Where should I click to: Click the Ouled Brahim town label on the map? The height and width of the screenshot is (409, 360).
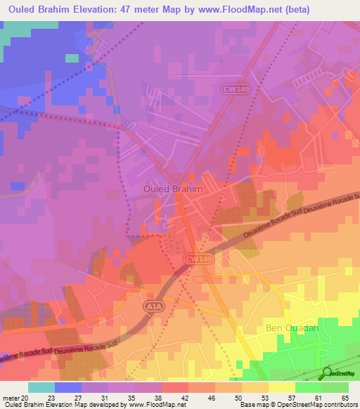[x=172, y=189]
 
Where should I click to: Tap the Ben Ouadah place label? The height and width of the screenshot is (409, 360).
[x=292, y=327]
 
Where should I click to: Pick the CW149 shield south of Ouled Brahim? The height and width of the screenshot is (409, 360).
[x=199, y=259]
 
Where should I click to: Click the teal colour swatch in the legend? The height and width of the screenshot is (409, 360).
[x=41, y=387]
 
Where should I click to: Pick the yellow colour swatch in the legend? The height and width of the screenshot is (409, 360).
[x=282, y=387]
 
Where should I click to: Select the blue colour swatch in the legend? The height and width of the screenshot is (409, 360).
[x=68, y=387]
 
